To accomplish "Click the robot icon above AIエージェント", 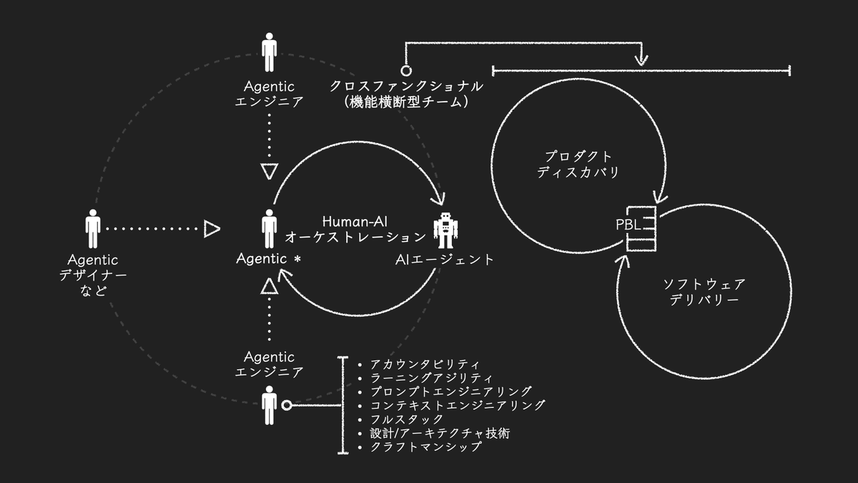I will (445, 231).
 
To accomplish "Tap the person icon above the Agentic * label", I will (270, 228).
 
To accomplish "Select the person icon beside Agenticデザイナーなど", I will (93, 229).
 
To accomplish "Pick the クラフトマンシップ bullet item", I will (425, 447).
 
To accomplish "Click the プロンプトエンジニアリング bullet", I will (450, 392).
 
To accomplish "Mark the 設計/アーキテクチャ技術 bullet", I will (439, 433).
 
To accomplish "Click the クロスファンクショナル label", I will (406, 86).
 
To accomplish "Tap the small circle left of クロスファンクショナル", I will (406, 71).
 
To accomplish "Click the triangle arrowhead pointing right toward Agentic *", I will (212, 229).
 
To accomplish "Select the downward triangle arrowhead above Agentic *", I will (269, 172).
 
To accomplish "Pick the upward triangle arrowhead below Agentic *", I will (269, 287).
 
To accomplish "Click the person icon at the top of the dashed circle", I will (270, 51).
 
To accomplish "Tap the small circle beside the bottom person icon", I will (287, 406).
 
